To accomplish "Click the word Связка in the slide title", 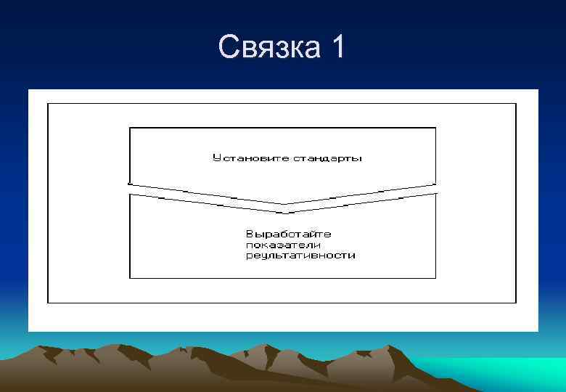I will tap(269, 49).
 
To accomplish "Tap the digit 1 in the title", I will tap(337, 49).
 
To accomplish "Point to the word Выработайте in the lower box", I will tap(288, 234).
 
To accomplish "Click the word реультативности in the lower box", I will tap(300, 256).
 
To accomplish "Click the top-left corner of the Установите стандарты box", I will tap(130, 128).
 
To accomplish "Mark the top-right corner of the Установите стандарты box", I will tap(436, 128).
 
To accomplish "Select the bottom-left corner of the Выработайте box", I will tap(130, 278).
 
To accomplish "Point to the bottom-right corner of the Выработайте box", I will tap(436, 278).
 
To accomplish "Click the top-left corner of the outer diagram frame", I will tap(48, 104).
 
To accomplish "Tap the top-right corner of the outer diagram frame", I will tap(516, 104).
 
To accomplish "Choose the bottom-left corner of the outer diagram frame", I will tap(48, 303).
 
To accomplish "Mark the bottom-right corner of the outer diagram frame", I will tap(516, 303).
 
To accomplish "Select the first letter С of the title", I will tap(228, 49).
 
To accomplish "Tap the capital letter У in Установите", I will tap(216, 158).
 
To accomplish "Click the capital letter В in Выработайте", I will tap(250, 234).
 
